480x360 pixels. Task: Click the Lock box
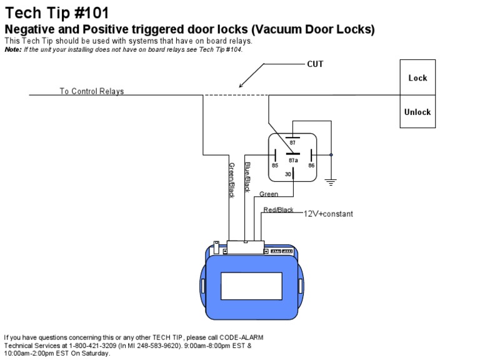[417, 77]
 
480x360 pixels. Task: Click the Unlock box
[417, 112]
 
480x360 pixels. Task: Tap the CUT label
[315, 64]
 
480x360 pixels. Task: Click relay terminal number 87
[292, 143]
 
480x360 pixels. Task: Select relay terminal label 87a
[292, 160]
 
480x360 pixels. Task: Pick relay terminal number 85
[274, 166]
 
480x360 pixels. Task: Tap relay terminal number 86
[311, 166]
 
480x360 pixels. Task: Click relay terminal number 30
[288, 174]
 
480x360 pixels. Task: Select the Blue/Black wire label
[247, 176]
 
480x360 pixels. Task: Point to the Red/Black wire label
[278, 210]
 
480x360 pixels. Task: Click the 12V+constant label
[328, 214]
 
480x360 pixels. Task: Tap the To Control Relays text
[92, 91]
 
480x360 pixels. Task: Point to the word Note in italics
[12, 50]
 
